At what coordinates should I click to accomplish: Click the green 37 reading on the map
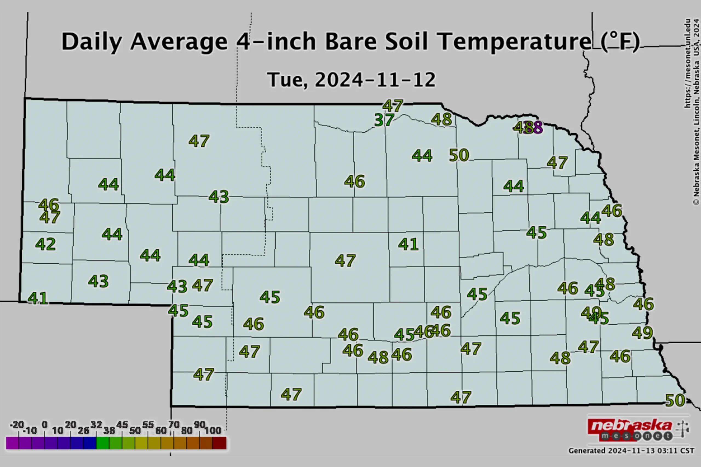click(x=384, y=120)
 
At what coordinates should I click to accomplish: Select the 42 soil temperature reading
click(x=46, y=244)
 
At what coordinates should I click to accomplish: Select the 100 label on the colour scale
click(x=213, y=430)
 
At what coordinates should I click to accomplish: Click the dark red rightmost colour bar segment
click(x=219, y=443)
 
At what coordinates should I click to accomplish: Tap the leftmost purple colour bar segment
click(x=12, y=443)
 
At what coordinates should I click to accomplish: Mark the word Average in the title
click(x=179, y=42)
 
